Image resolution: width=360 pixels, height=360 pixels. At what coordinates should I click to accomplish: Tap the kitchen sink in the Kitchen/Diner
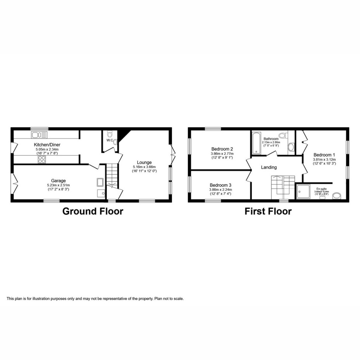37,134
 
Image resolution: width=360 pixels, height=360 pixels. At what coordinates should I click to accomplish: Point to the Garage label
59,181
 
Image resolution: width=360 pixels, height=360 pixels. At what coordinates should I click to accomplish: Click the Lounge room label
144,162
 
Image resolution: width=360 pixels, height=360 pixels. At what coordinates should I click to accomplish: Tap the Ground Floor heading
93,211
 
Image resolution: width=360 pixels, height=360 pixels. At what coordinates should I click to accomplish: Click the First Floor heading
268,211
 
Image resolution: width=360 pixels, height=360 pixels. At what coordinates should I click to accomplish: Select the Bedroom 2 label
222,149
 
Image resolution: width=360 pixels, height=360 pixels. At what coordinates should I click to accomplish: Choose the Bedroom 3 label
220,185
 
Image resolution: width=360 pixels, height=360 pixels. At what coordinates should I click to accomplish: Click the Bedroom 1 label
324,155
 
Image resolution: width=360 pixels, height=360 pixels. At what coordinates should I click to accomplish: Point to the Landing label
269,167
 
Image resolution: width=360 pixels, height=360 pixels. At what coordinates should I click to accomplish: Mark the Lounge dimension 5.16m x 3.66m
144,167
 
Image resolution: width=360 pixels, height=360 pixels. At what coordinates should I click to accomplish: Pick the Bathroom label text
271,139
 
